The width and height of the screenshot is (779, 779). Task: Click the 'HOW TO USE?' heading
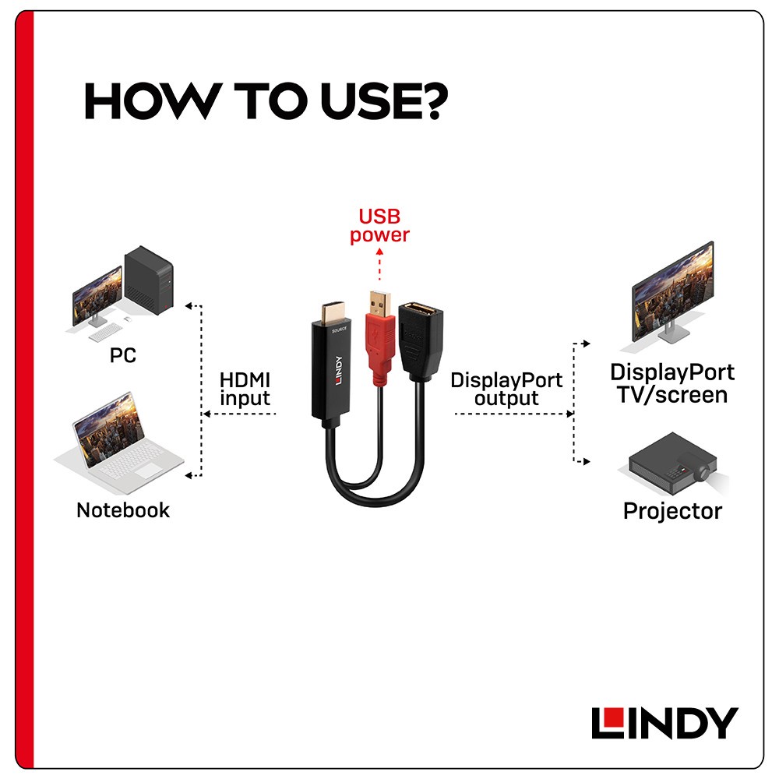pos(266,100)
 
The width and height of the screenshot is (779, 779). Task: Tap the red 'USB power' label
pos(379,226)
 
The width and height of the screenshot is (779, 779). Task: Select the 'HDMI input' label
pos(245,389)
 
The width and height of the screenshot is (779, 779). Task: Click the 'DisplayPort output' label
pos(506,389)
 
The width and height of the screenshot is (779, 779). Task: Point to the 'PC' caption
pos(123,355)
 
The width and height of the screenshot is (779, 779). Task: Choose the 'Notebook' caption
pos(123,510)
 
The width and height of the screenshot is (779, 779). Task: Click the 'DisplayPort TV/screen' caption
pos(672,383)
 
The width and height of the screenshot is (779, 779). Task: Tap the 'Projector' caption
pos(673,511)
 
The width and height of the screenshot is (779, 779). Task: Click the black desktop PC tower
pos(149,280)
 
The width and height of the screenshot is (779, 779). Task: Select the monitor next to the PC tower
pos(97,297)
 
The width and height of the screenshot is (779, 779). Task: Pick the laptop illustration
pos(118,442)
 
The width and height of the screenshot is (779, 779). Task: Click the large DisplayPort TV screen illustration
pos(672,291)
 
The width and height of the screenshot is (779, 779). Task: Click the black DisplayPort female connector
pos(421,342)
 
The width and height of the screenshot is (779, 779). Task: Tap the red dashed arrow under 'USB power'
pos(379,264)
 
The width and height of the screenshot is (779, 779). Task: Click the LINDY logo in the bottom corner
pos(664,723)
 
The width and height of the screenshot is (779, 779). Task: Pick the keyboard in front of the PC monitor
pos(105,332)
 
